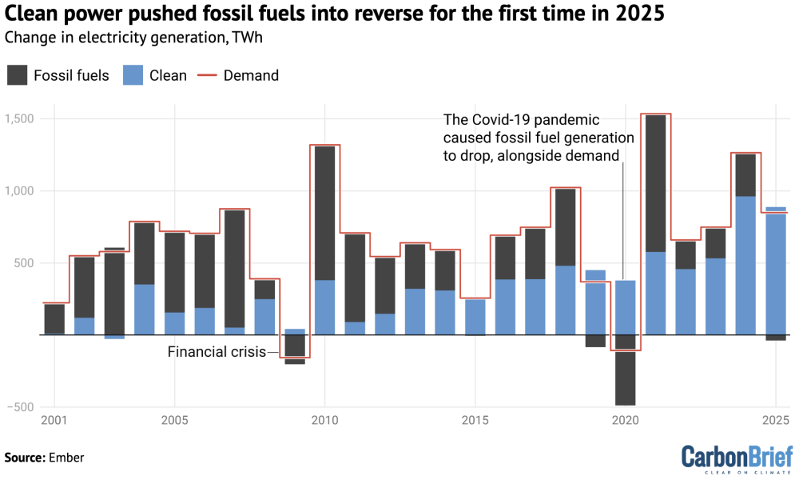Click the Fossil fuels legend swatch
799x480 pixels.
point(17,76)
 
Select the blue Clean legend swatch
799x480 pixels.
point(132,76)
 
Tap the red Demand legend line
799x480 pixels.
point(208,76)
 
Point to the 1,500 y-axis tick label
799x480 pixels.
point(20,119)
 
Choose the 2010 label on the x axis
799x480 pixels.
point(324,421)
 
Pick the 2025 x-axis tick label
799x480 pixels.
point(775,421)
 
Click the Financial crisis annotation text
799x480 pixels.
point(217,352)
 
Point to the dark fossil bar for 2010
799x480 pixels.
point(324,213)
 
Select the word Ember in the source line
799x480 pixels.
point(67,458)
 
